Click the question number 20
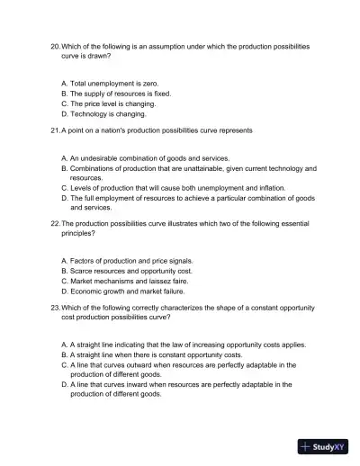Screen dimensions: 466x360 (x=55, y=45)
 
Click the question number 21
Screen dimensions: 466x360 (x=55, y=130)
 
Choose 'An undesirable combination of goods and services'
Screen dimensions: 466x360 (x=149, y=157)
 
